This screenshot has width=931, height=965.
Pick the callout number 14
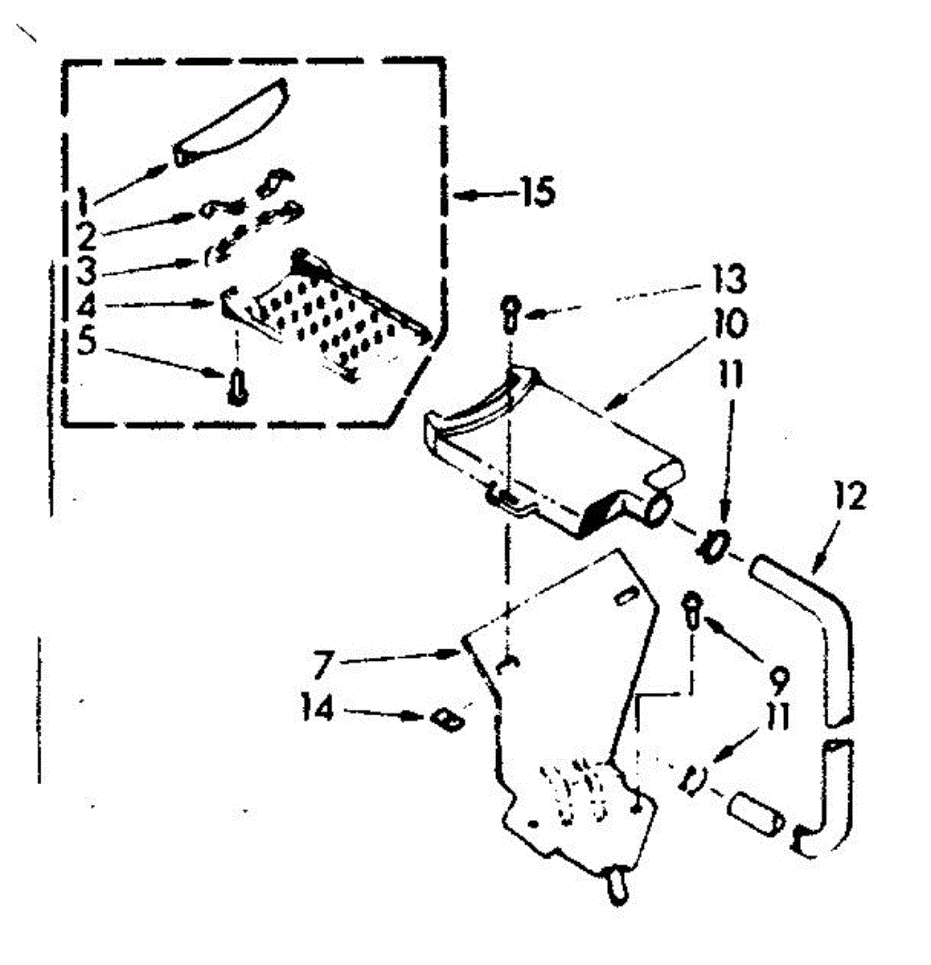(x=318, y=710)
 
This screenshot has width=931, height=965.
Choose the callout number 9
(x=777, y=680)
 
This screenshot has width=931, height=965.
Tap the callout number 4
(x=87, y=306)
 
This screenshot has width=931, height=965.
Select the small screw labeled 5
(x=236, y=388)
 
